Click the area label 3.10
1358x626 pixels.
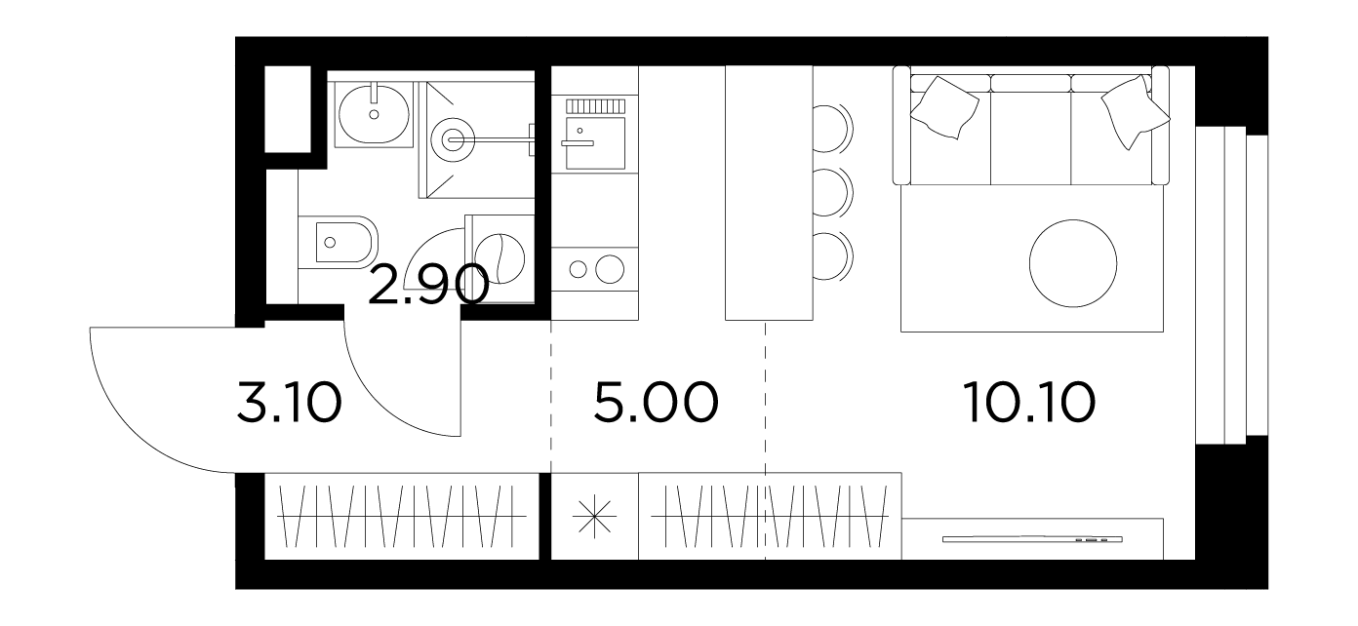(289, 402)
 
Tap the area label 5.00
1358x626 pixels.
(656, 402)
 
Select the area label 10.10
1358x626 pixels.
(1029, 402)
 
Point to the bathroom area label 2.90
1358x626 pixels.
(428, 285)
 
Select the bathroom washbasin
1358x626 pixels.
(374, 114)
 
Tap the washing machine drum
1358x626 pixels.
(499, 258)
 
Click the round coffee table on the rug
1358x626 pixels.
(1073, 263)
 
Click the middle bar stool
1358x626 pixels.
(833, 193)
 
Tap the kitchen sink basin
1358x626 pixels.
(595, 143)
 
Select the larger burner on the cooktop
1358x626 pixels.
(610, 269)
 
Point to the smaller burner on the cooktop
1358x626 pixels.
(579, 270)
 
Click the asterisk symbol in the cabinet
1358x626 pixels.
(595, 517)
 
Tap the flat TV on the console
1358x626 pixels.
(1032, 539)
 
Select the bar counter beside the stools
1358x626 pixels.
(769, 193)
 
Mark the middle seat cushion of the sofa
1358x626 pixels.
(1030, 137)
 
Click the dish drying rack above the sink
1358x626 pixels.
(595, 106)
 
